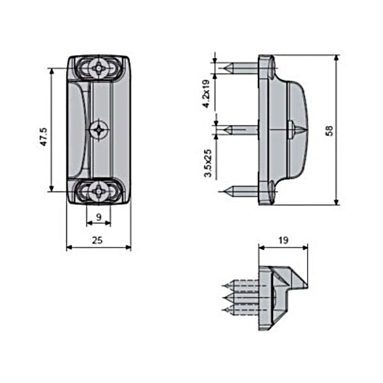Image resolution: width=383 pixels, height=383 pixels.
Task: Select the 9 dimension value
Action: [x=99, y=216]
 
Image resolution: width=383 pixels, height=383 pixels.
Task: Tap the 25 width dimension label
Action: [x=97, y=241]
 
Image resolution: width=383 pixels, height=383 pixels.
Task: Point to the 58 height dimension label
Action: [x=329, y=131]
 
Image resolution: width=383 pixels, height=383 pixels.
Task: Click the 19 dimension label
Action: [x=283, y=241]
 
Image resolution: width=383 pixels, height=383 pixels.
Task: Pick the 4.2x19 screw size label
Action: [x=207, y=94]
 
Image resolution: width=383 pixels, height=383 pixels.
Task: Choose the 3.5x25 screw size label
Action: [x=208, y=163]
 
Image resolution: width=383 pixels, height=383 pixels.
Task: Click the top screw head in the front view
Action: [x=99, y=68]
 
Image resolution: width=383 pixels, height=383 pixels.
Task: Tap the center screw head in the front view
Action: [x=99, y=130]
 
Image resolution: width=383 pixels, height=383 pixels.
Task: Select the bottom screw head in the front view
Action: [x=99, y=191]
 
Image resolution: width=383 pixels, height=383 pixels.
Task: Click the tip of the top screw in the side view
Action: [x=226, y=68]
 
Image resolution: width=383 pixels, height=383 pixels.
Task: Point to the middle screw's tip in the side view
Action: [x=226, y=129]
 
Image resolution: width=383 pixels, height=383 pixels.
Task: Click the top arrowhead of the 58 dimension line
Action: [x=336, y=57]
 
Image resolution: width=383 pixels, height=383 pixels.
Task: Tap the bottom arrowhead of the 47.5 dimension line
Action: [x=51, y=189]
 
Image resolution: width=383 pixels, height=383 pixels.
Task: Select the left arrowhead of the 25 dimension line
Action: [x=70, y=248]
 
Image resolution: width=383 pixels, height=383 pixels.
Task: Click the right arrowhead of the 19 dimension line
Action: [x=305, y=248]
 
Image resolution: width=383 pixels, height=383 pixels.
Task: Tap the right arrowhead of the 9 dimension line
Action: [x=108, y=223]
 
